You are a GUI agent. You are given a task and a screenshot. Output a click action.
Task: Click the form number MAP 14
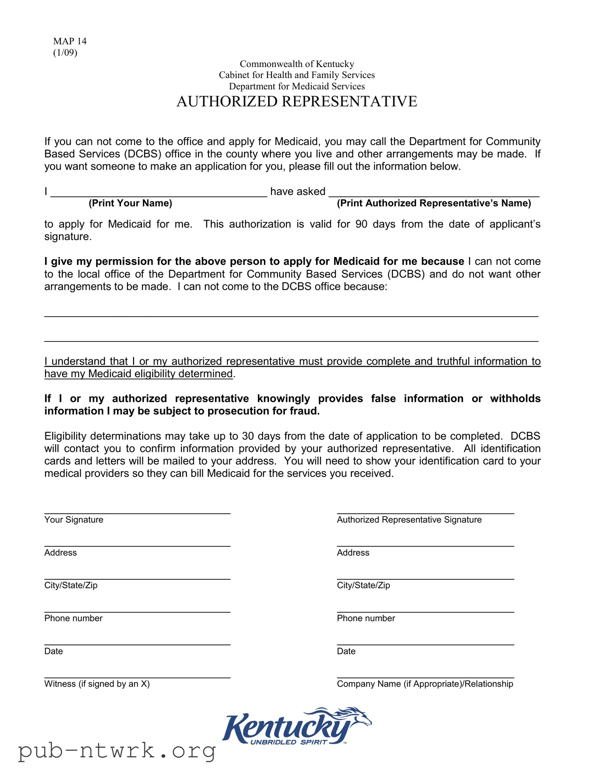click(x=70, y=41)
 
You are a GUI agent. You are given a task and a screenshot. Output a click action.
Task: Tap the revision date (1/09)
click(x=65, y=52)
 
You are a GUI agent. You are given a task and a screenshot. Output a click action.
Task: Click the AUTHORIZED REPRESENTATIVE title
click(x=296, y=102)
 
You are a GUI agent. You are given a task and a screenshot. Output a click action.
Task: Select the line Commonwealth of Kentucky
click(x=296, y=64)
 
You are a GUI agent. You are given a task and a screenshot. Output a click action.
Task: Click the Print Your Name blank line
click(x=159, y=193)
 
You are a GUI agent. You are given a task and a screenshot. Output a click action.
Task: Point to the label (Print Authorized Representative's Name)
click(x=434, y=203)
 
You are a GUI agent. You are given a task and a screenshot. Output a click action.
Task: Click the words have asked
click(x=297, y=191)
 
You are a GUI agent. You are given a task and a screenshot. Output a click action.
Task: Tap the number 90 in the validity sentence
click(x=361, y=224)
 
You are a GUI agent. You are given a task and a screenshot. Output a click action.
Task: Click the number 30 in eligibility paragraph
click(x=248, y=436)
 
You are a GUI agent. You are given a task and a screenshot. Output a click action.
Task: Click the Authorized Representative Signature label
click(x=409, y=520)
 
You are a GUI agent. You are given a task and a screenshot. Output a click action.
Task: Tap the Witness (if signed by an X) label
click(x=97, y=684)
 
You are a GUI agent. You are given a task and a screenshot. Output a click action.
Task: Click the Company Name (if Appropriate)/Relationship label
click(x=425, y=684)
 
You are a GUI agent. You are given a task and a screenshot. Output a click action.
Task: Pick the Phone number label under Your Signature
click(x=73, y=618)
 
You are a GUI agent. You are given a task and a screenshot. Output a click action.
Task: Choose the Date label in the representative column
click(x=346, y=651)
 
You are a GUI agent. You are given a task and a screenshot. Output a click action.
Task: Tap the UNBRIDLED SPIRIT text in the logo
click(x=288, y=742)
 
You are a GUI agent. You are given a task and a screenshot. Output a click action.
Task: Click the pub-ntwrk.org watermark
click(x=117, y=751)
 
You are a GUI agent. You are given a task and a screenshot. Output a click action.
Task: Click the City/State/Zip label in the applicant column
click(x=71, y=585)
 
